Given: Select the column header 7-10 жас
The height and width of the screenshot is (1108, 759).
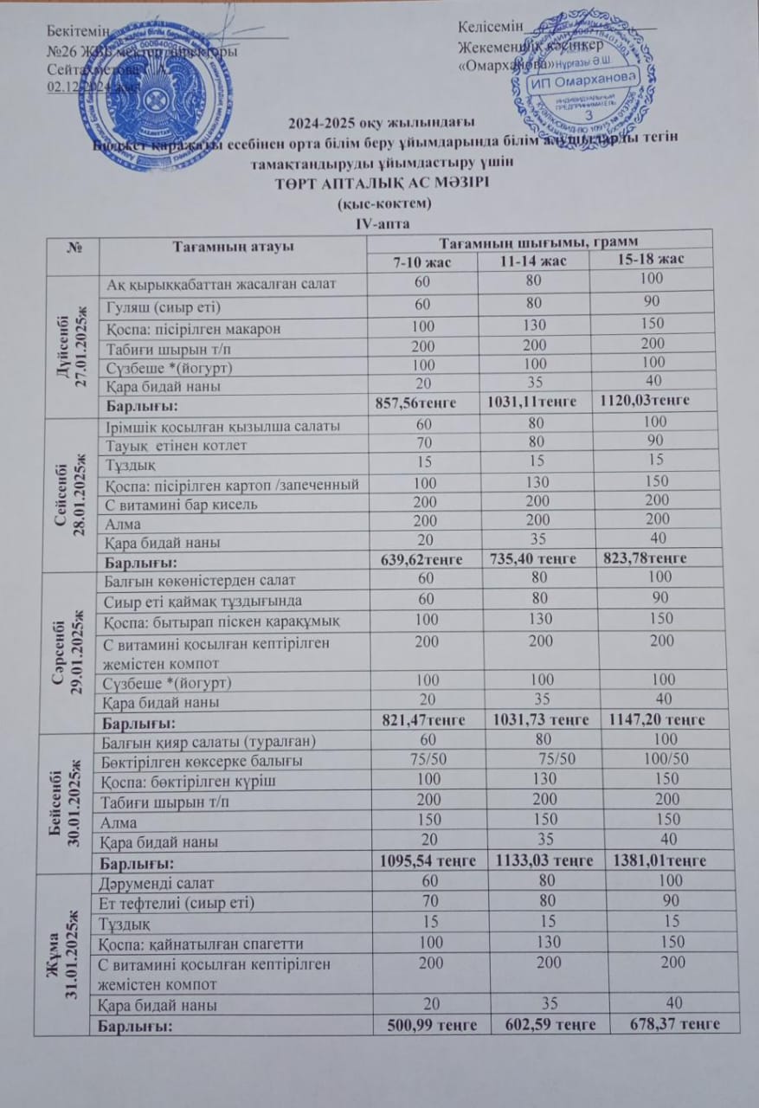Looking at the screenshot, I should click(420, 261).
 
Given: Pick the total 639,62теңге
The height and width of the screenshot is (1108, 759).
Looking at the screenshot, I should click(421, 559).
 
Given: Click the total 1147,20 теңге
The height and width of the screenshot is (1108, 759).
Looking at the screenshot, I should click(656, 719).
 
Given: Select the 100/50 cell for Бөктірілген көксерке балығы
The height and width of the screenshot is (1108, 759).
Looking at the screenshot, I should click(655, 759).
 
